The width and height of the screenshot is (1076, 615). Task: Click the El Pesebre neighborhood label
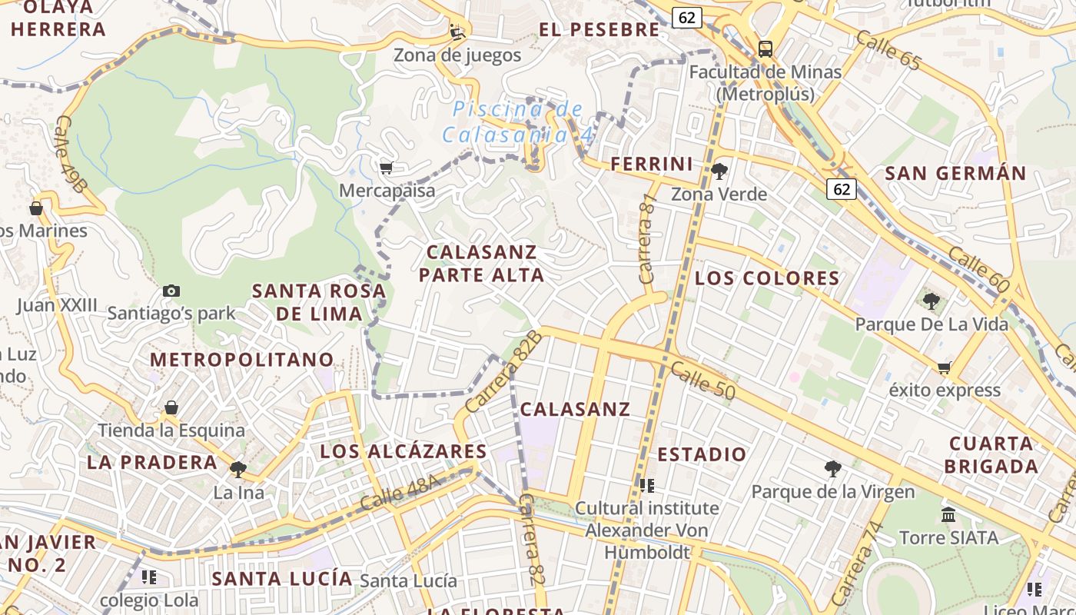click(x=599, y=30)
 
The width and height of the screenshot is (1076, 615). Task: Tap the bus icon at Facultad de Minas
click(x=765, y=49)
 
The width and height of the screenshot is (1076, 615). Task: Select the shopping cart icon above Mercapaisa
click(x=386, y=168)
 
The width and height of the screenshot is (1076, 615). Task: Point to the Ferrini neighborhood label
click(x=652, y=164)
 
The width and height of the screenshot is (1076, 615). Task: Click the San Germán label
click(x=955, y=173)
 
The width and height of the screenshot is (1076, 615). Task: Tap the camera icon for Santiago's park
click(x=171, y=291)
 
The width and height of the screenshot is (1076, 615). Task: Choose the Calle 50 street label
click(x=702, y=381)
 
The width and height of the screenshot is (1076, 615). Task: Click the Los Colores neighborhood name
click(x=767, y=278)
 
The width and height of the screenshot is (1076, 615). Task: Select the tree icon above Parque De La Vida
click(x=931, y=301)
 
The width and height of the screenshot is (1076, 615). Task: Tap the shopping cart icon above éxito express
click(x=945, y=367)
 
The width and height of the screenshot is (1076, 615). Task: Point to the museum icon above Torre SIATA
click(x=948, y=514)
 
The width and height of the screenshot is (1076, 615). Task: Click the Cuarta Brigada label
click(x=991, y=455)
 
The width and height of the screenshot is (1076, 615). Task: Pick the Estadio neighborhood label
click(x=702, y=454)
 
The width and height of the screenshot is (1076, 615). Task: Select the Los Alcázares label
click(x=403, y=451)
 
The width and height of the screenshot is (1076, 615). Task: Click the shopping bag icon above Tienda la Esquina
click(x=171, y=407)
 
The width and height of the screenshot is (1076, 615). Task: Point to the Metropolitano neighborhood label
click(x=242, y=359)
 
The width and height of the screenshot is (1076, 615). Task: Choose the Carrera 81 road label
click(x=648, y=238)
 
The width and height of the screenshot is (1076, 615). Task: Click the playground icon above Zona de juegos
click(x=457, y=32)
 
